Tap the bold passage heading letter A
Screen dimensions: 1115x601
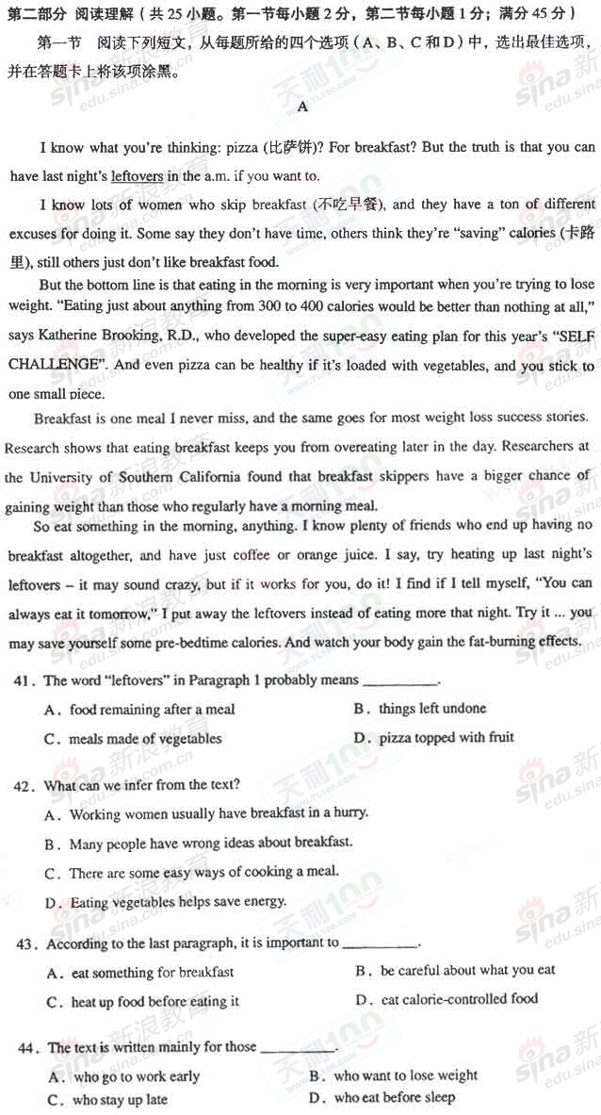click(x=302, y=107)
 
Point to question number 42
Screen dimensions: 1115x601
click(x=28, y=784)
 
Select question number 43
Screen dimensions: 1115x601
click(x=28, y=943)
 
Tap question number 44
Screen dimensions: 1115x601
click(x=28, y=1047)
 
